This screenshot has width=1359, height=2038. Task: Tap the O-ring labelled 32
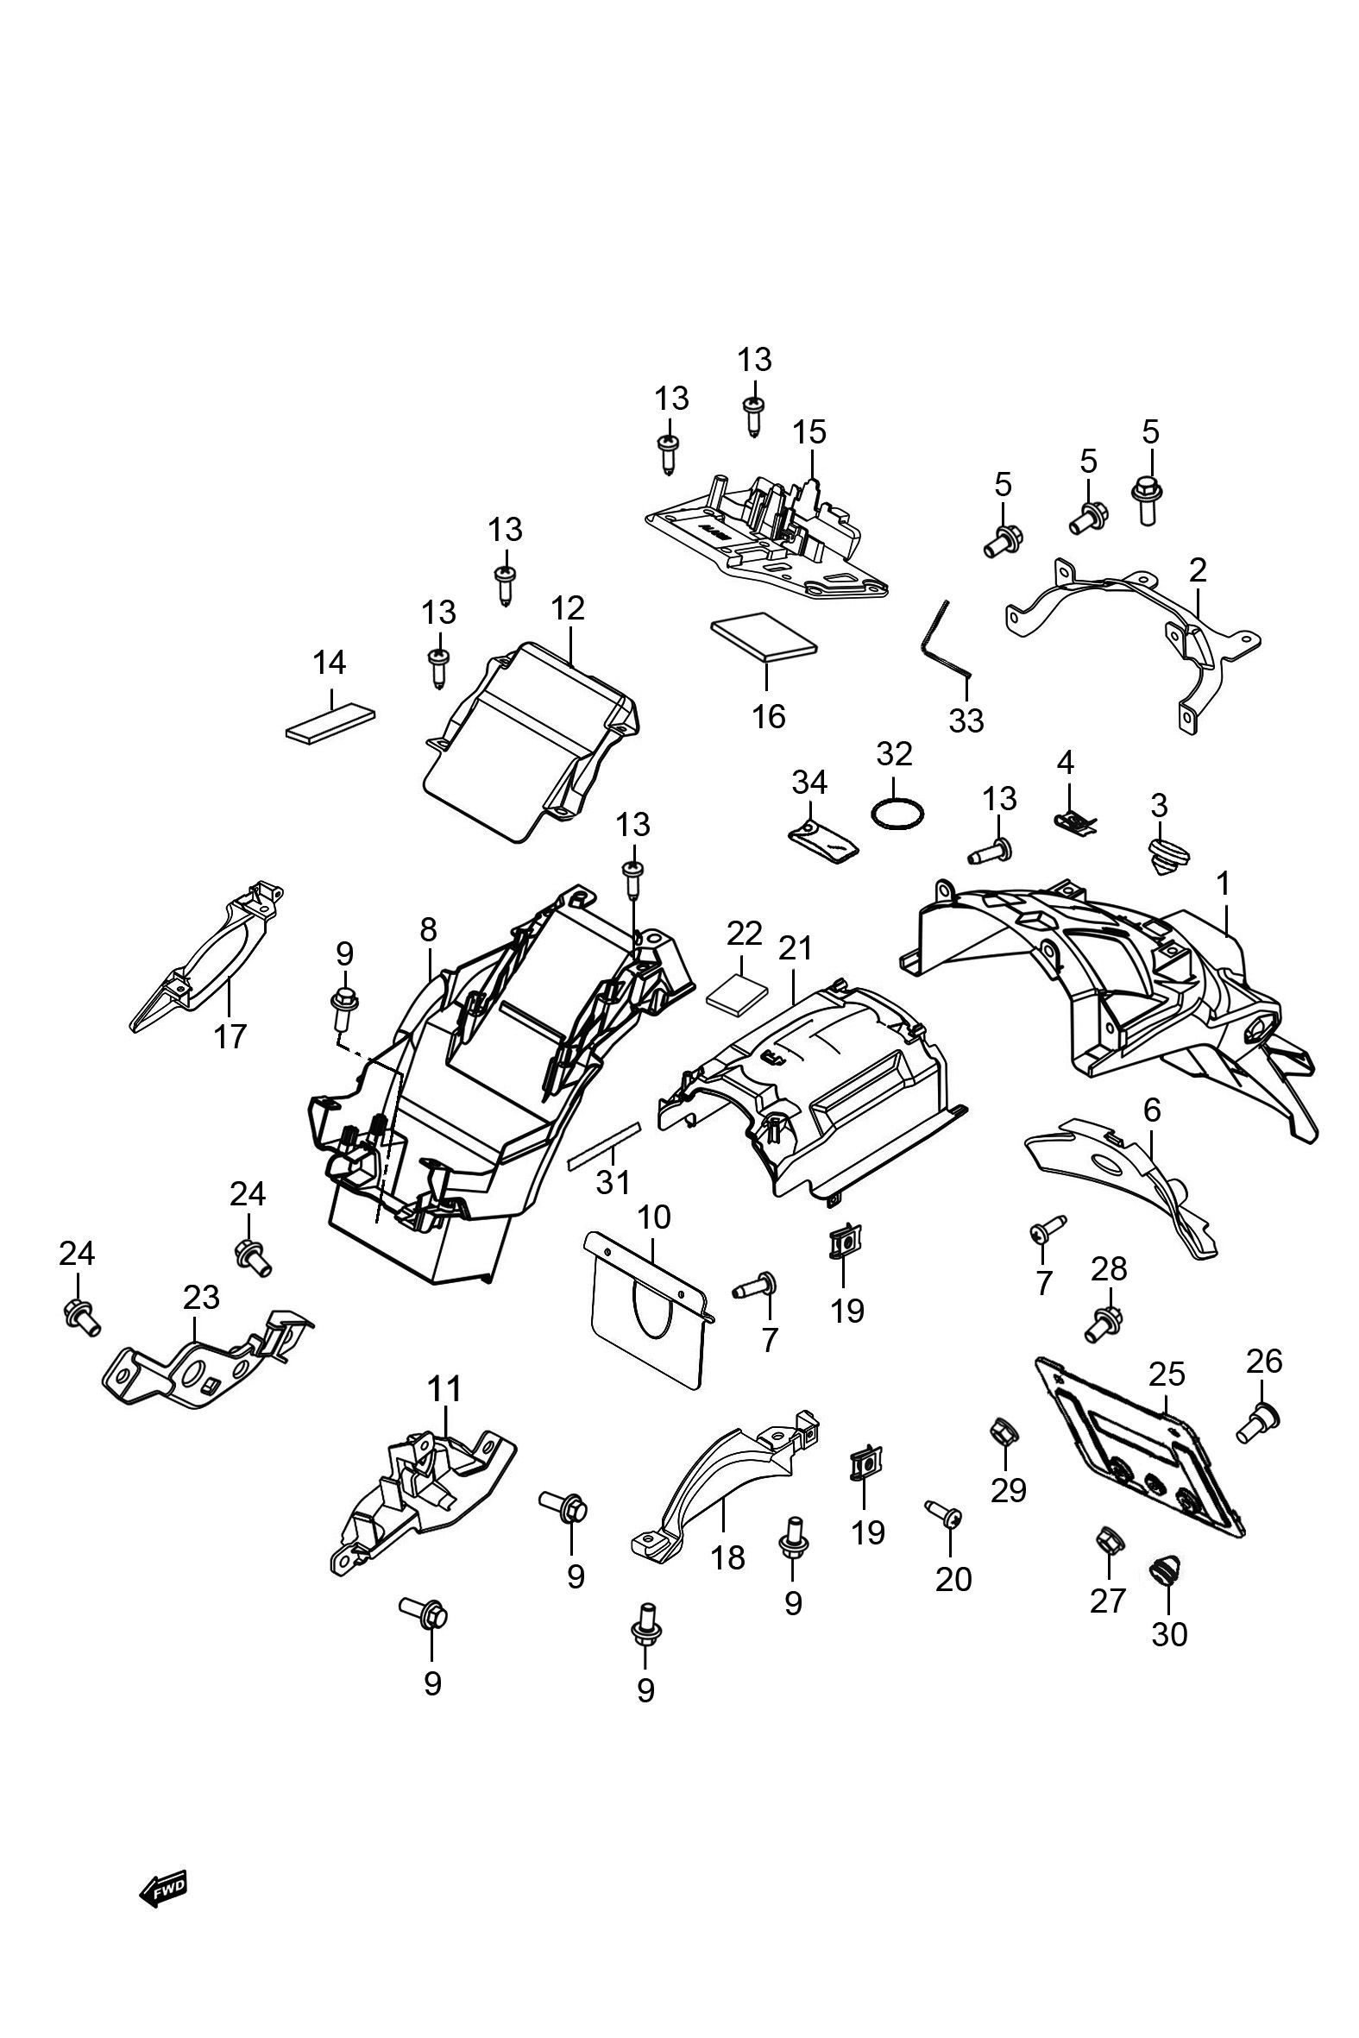(x=898, y=814)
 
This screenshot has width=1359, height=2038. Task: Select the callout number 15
(x=810, y=431)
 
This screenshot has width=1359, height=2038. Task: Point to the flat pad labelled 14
(x=331, y=723)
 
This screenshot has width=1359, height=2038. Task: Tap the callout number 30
(x=1169, y=1634)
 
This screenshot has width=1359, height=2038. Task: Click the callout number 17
(x=230, y=1036)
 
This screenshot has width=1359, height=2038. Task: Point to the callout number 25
(x=1167, y=1374)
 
